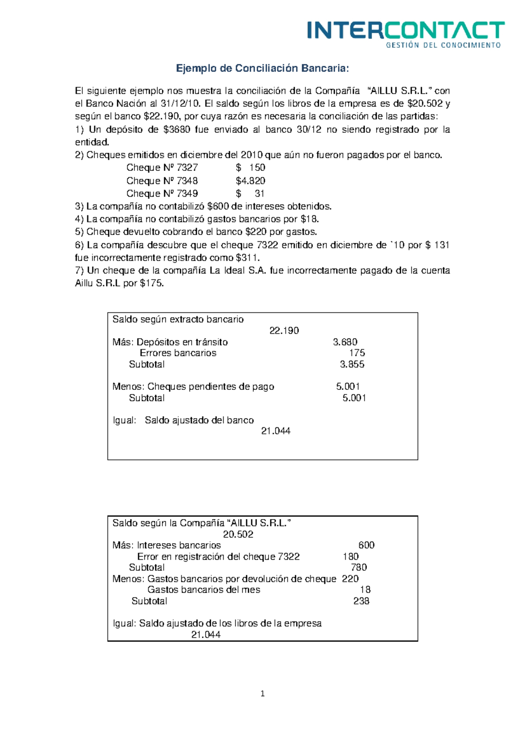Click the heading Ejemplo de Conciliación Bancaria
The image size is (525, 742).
point(262,69)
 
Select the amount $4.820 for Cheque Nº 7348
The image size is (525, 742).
point(250,181)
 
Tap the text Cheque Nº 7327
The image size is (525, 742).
point(162,168)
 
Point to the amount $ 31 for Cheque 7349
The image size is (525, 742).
point(250,194)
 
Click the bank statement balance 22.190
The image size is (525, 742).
point(284,331)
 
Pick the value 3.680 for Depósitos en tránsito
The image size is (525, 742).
point(345,342)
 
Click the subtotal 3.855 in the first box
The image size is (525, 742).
point(352,364)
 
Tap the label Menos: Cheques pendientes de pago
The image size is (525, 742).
point(193,387)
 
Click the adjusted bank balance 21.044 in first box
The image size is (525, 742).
point(276,431)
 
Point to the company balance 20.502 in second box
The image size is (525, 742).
point(238,534)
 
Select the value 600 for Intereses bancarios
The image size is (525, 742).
point(366,545)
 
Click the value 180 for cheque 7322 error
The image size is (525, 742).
point(350,557)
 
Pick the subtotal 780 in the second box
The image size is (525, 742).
point(359,568)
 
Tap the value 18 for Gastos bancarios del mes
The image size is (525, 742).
point(365,590)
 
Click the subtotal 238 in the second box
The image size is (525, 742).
point(361,601)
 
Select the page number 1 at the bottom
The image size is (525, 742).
point(262,694)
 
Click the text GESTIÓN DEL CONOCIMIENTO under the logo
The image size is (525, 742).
point(443,45)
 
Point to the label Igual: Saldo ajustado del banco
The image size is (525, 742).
point(183,420)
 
